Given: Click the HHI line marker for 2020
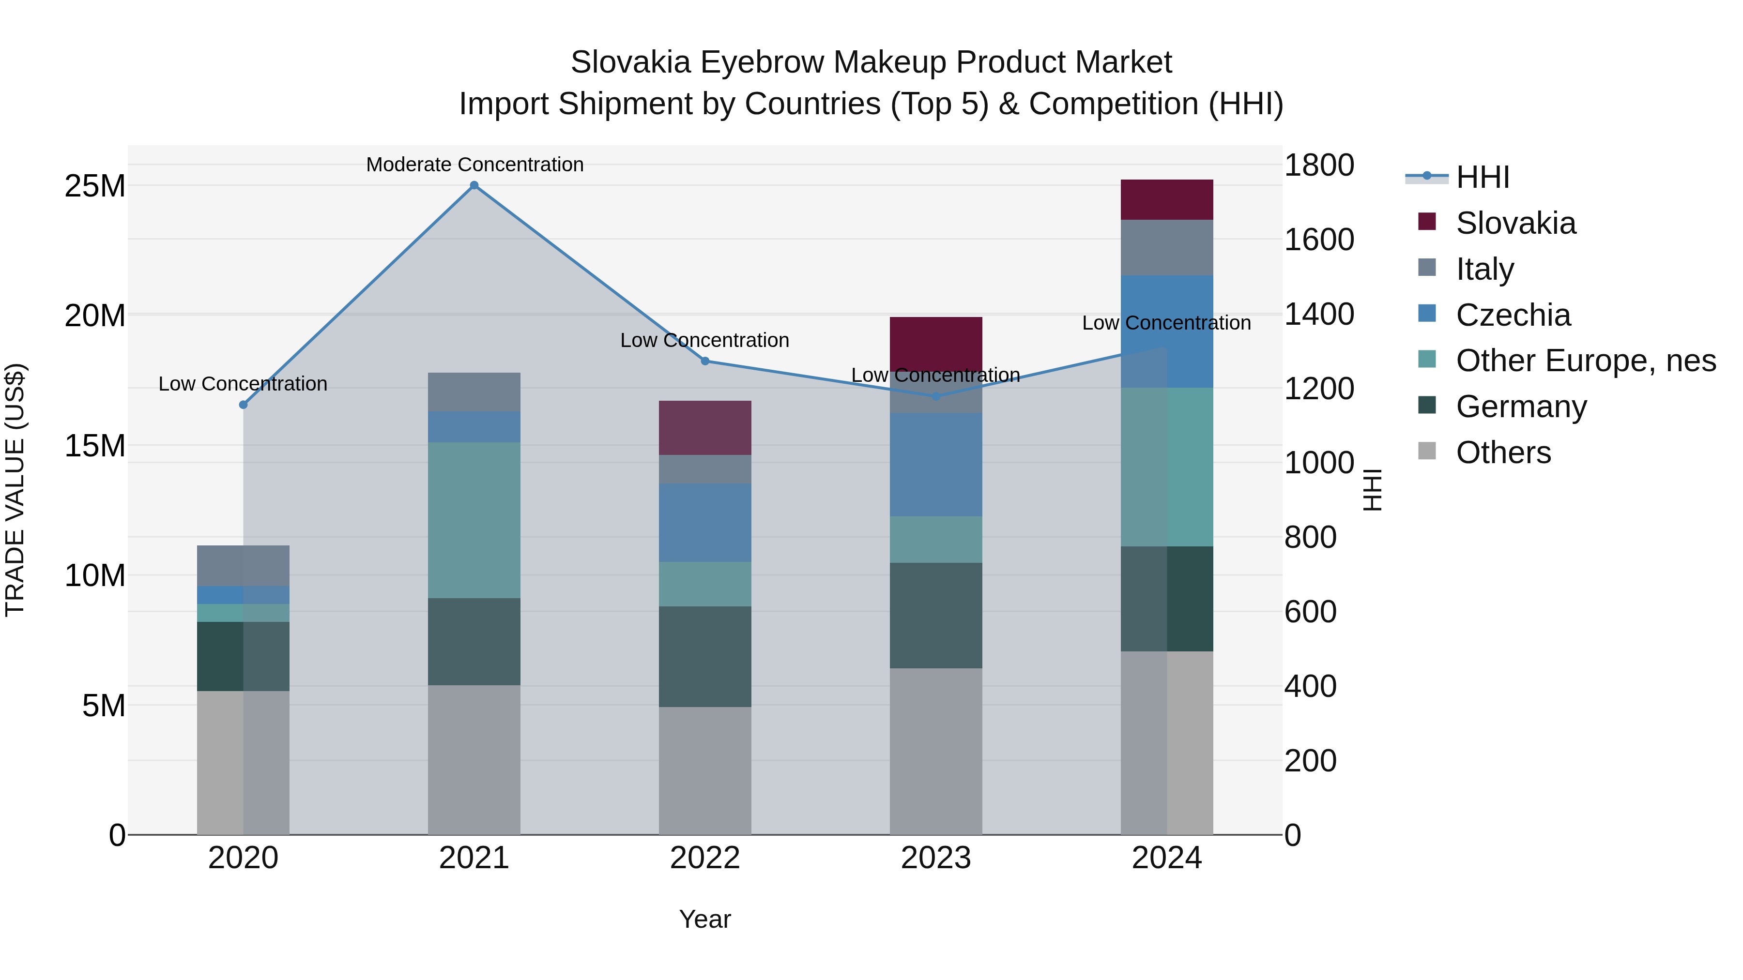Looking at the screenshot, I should coord(244,405).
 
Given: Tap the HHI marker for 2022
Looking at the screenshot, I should coord(705,361).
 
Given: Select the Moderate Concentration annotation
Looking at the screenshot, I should coord(474,165).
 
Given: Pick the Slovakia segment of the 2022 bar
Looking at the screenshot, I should coord(705,427).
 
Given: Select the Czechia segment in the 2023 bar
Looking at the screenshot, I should coord(936,465).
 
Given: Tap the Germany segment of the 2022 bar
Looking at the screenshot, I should coord(705,656).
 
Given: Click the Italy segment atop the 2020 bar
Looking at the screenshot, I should coord(243,565).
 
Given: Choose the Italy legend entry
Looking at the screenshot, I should coord(1484,269).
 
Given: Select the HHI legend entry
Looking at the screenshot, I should coord(1482,177).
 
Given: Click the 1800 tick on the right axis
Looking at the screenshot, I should coord(1319,165).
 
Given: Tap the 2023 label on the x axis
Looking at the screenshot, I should coord(936,858).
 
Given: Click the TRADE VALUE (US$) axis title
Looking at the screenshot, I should coord(15,490).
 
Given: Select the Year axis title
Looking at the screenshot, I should coord(704,919).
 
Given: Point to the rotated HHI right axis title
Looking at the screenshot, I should coord(1372,490).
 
